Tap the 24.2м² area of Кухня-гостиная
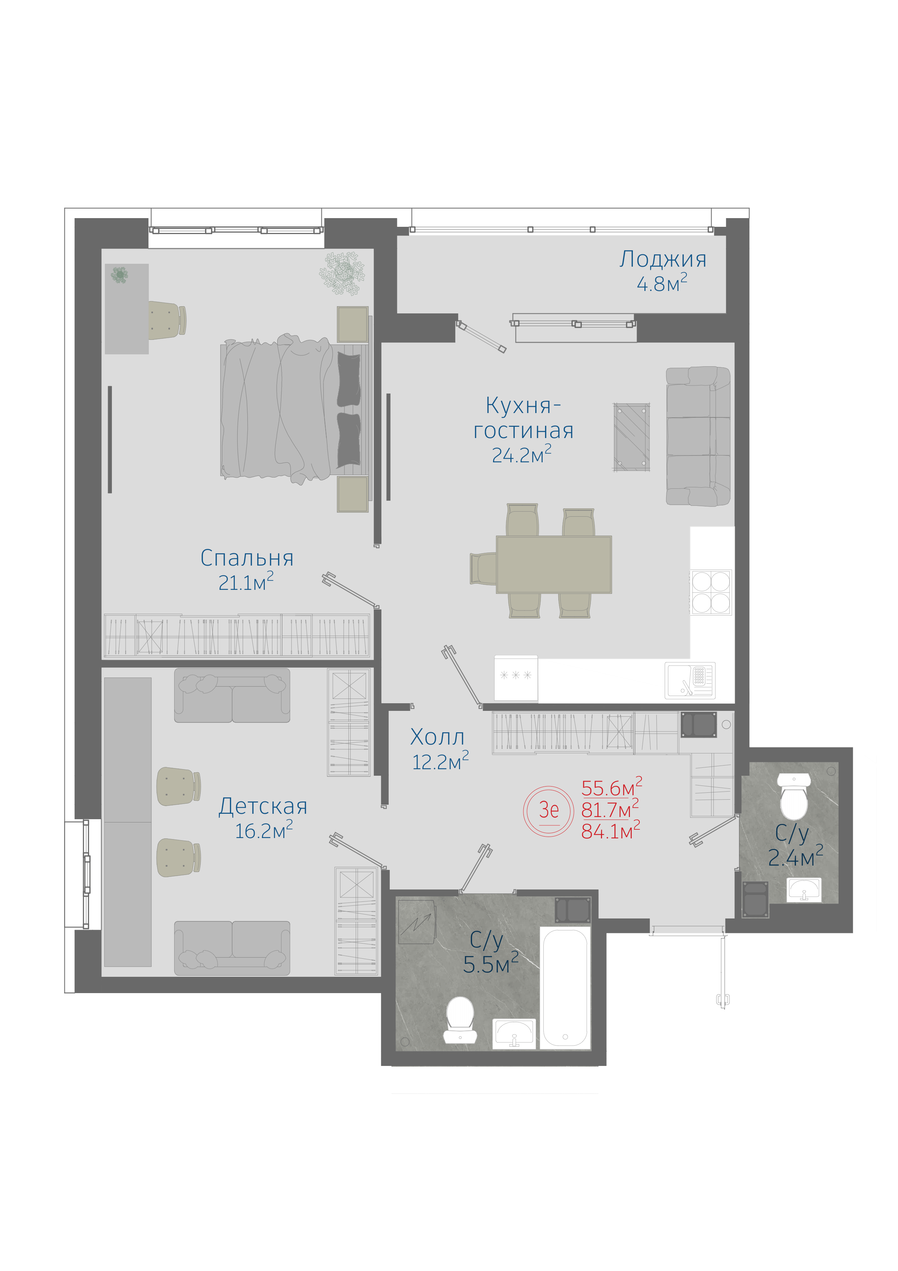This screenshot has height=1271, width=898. (x=522, y=454)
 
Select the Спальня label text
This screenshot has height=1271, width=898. (x=247, y=558)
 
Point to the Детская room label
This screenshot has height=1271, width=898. (x=263, y=806)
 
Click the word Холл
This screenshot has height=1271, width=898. (x=437, y=737)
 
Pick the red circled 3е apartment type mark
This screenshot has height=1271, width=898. (x=548, y=810)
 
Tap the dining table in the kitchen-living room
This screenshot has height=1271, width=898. (x=554, y=564)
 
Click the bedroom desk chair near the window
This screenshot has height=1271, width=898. (x=167, y=320)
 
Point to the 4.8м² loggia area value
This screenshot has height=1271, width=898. (x=662, y=283)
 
